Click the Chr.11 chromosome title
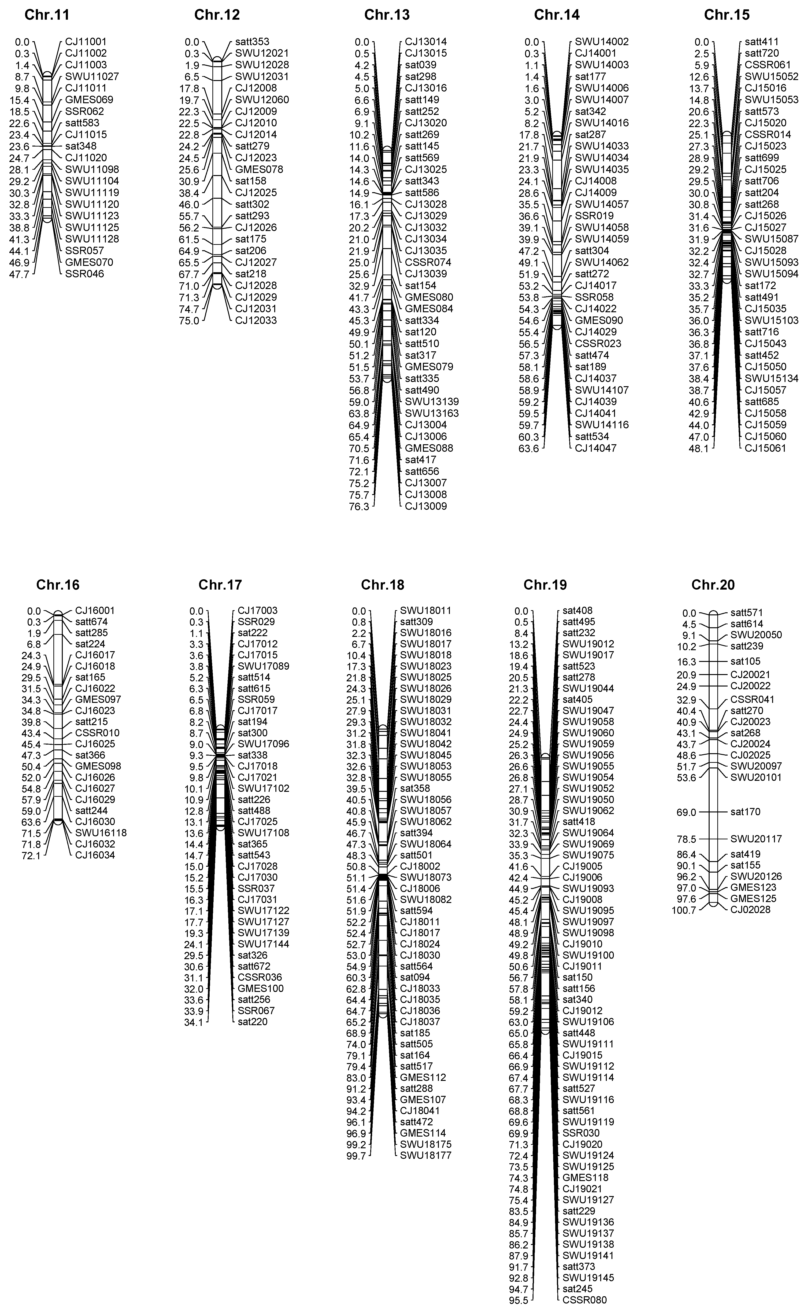pos(47,15)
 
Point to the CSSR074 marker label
pos(428,262)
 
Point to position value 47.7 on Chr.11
pos(22,274)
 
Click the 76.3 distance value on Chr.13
pos(359,506)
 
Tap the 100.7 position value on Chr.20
pos(684,910)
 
